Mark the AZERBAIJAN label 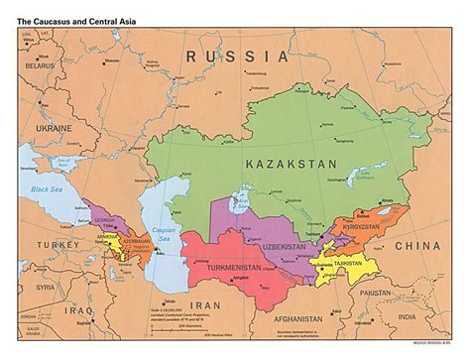point(133,243)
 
